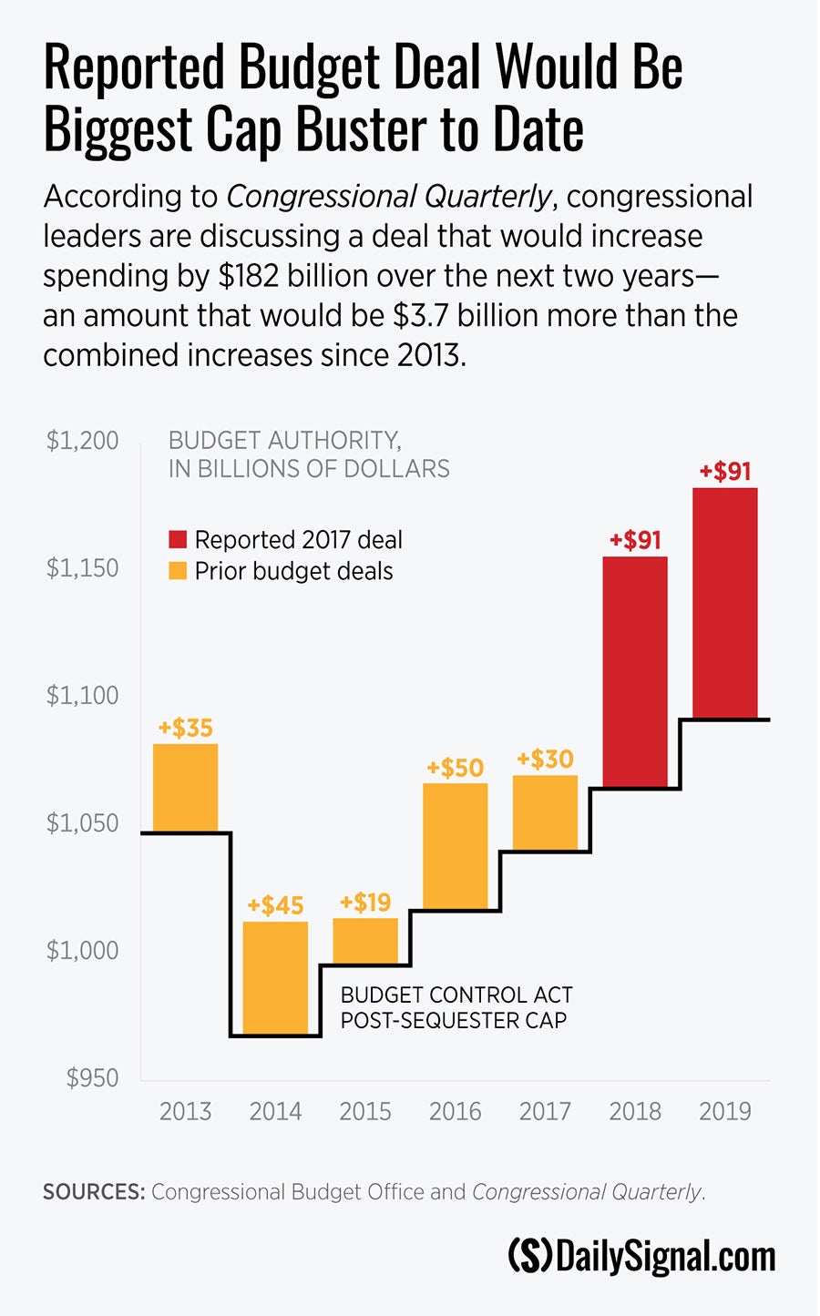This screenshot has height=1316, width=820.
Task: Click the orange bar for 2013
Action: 185,788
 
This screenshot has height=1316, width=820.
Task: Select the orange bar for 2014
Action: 275,978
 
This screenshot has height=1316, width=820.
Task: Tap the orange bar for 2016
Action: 456,846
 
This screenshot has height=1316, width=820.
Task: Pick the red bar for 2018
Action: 635,672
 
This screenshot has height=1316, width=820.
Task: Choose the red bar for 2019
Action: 725,603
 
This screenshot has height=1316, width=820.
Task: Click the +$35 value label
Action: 185,728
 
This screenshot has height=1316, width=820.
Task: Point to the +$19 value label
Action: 365,903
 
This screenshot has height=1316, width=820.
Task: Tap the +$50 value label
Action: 455,768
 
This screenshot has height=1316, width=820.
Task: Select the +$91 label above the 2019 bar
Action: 725,472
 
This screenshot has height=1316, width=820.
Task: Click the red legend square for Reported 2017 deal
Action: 178,540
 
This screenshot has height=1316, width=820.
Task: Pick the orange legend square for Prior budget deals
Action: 178,571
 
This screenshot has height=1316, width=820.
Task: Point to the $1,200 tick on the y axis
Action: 83,441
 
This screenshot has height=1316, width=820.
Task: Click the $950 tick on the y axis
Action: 92,1078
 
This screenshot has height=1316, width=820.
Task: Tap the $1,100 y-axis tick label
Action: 83,696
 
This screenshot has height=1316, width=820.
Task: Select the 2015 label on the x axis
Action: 365,1111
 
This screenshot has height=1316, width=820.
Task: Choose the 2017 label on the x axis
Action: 545,1111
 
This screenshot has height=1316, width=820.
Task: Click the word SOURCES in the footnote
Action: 93,1192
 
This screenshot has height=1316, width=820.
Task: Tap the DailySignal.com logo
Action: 641,1256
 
